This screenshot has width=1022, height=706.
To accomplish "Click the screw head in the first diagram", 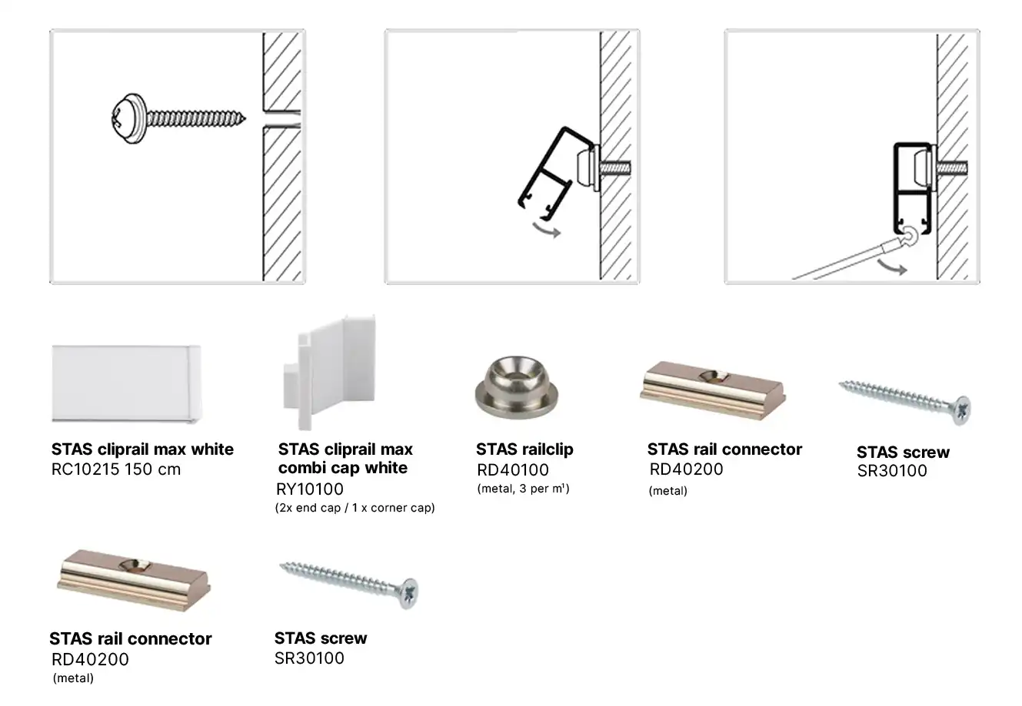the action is [x=128, y=119].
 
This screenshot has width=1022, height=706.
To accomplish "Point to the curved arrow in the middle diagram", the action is [x=547, y=229].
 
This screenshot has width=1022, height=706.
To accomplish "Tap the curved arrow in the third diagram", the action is [x=892, y=267].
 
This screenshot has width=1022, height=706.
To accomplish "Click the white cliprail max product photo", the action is [x=126, y=384].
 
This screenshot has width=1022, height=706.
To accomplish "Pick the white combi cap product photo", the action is [x=329, y=372].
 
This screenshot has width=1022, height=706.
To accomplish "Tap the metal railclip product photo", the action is [x=517, y=387].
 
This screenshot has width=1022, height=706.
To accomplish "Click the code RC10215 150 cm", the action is [x=116, y=469].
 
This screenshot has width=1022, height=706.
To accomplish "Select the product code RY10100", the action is [x=310, y=489].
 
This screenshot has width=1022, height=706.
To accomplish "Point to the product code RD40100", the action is [x=513, y=469].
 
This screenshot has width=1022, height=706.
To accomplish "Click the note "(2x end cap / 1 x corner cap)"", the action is [x=355, y=508].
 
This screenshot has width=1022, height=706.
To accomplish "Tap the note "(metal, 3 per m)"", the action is [x=524, y=489].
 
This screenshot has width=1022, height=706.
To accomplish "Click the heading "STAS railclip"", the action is [x=524, y=449].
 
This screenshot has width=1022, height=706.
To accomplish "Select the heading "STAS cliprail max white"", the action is [x=142, y=449].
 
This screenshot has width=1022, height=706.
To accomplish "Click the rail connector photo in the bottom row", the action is [x=134, y=580].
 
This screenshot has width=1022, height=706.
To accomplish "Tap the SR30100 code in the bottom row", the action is [x=309, y=658].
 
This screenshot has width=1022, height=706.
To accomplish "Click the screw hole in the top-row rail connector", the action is [x=714, y=376].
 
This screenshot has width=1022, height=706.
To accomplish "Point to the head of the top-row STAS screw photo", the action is [x=962, y=410].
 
